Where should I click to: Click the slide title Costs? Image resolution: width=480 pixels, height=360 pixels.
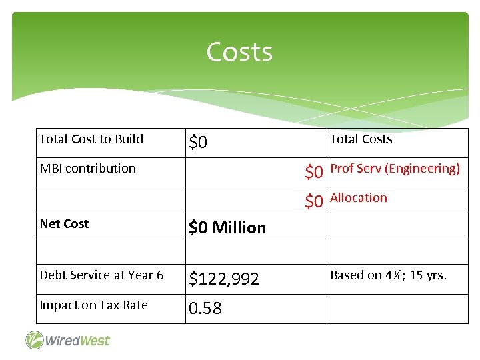pos(239,52)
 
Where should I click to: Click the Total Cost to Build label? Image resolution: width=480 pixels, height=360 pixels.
pos(91,139)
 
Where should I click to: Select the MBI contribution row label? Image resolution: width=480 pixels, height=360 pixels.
pos(87,169)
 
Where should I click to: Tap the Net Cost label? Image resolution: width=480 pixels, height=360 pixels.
pos(64,224)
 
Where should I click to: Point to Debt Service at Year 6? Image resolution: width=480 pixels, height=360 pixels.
pos(101,275)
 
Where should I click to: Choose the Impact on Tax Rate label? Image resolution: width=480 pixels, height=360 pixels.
pos(93,305)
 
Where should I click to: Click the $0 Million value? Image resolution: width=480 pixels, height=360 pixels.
pos(227,228)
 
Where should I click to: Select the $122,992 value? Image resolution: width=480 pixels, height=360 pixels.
pos(224,279)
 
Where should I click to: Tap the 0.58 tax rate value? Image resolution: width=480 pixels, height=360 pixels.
pos(205,309)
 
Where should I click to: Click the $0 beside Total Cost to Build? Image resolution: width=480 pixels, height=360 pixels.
pos(198,143)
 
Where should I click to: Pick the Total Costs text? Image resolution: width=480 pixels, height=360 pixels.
pos(361,139)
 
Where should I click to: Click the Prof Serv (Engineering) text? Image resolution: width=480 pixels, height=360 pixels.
pos(395,169)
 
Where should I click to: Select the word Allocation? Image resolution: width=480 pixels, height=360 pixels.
pos(358,198)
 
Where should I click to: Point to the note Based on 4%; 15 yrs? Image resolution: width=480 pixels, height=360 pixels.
pos(389,275)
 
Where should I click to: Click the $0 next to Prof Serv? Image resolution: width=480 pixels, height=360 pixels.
pos(314,173)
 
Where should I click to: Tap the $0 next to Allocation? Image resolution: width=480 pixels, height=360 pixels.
pos(314,201)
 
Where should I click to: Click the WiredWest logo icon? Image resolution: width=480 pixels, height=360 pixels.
pos(35,340)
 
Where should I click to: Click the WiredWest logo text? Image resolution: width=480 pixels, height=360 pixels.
pos(77,341)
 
